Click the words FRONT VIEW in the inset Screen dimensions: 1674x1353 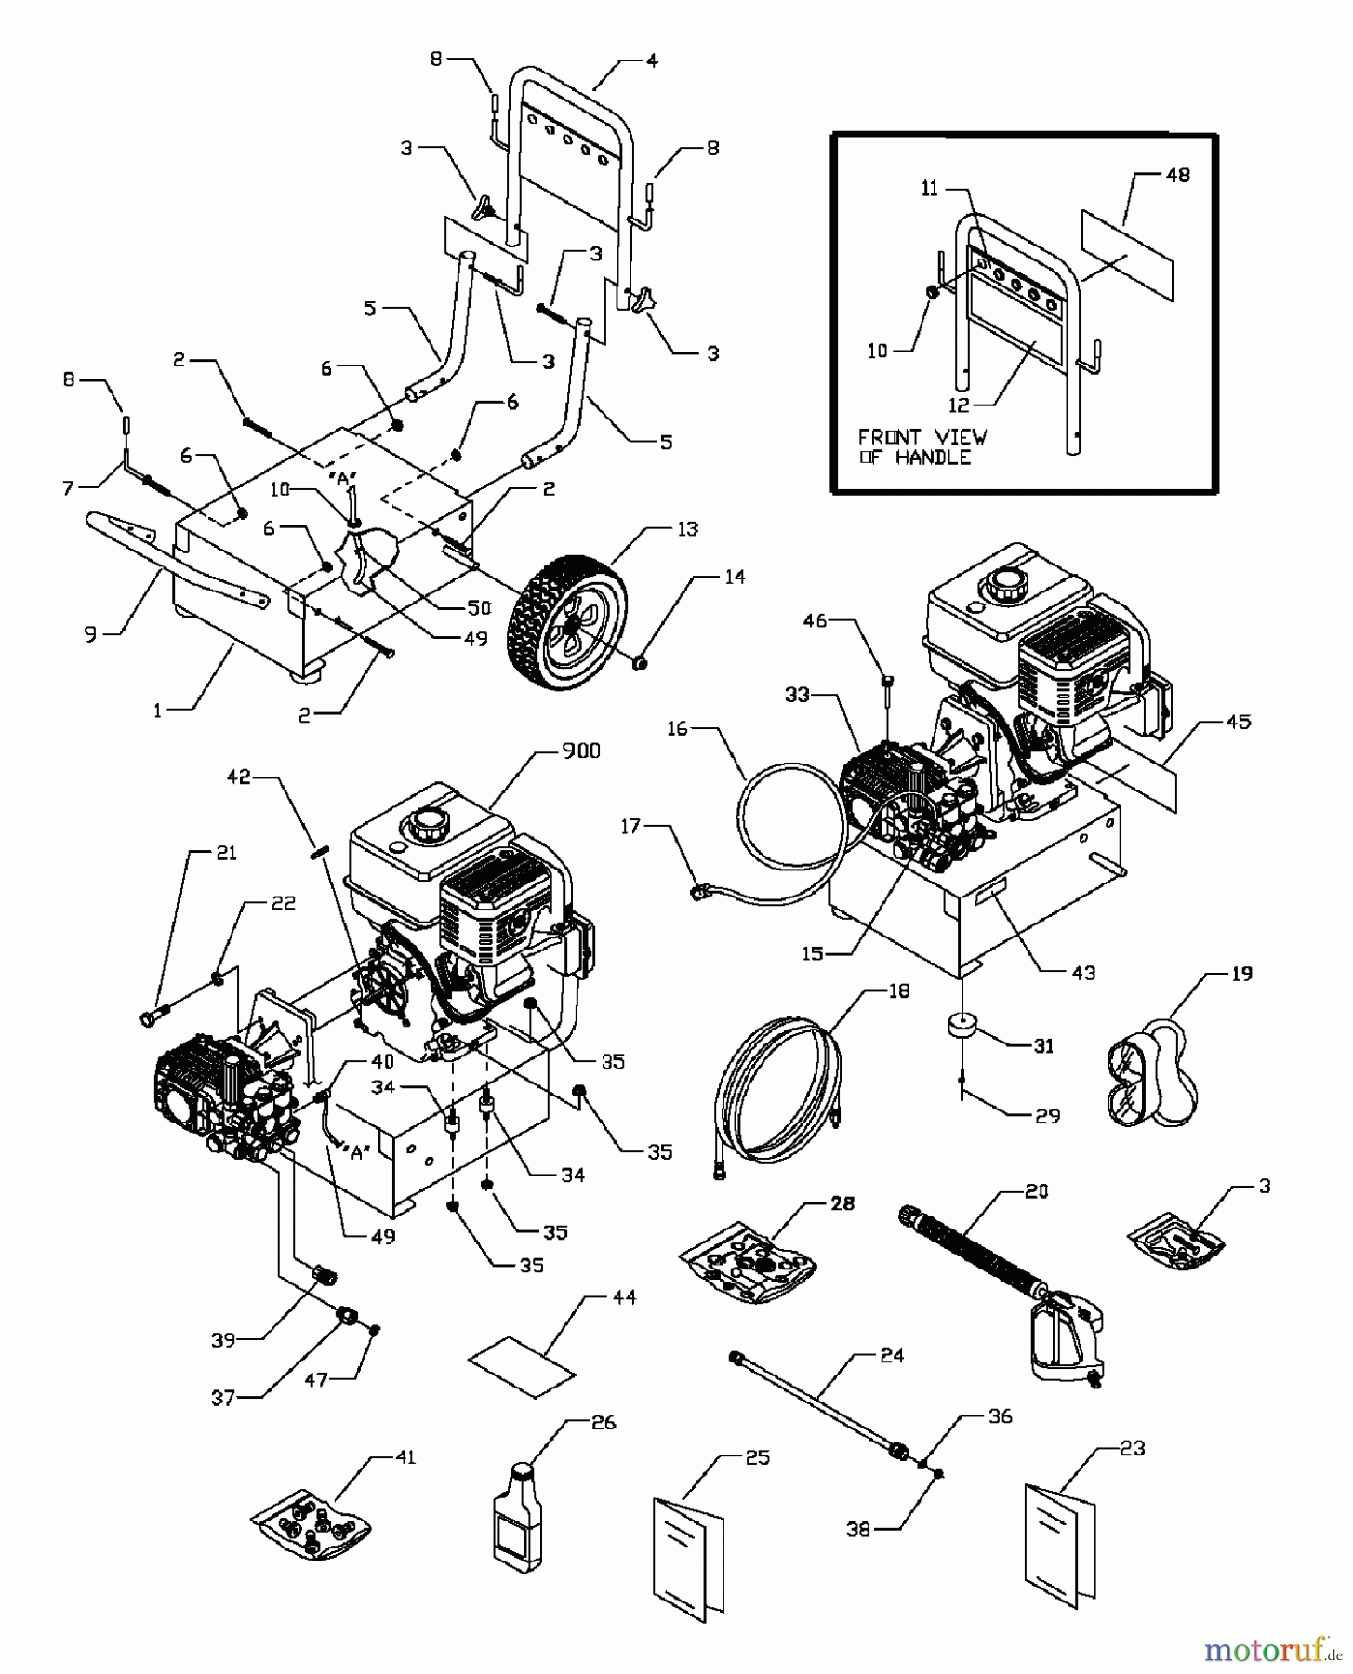click(x=922, y=437)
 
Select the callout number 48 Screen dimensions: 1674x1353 click(x=1176, y=175)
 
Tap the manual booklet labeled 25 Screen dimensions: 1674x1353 click(x=691, y=1544)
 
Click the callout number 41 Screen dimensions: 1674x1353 click(x=405, y=1456)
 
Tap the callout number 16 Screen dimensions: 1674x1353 click(x=677, y=729)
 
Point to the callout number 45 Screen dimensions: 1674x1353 click(x=1239, y=721)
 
